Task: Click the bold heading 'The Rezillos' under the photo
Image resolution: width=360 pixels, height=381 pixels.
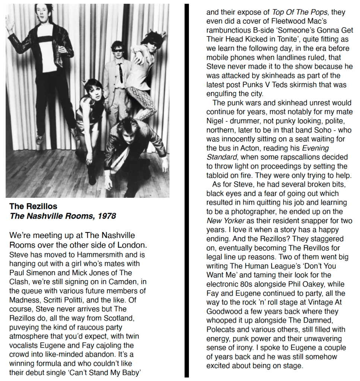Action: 34,206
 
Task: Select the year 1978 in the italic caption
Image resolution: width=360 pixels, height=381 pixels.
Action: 107,216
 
